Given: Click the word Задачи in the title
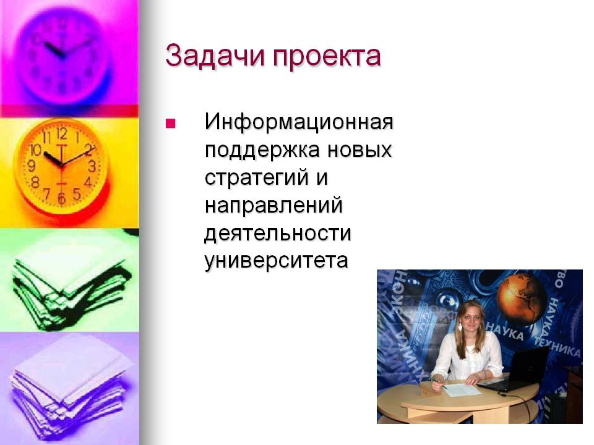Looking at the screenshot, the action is (x=215, y=56).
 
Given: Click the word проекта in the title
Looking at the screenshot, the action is (x=327, y=57).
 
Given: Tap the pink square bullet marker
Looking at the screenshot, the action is (x=171, y=124).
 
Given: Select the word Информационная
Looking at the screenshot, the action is (x=299, y=122).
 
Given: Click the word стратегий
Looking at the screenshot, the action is (x=256, y=178).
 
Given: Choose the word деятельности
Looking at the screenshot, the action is (x=278, y=234).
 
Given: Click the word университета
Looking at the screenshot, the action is (x=276, y=261).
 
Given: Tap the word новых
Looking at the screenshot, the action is (x=359, y=150).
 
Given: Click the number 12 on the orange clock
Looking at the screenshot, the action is (x=62, y=133).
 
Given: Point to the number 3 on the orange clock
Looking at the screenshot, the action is (x=92, y=166).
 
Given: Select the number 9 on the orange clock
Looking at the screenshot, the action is (x=32, y=166).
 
